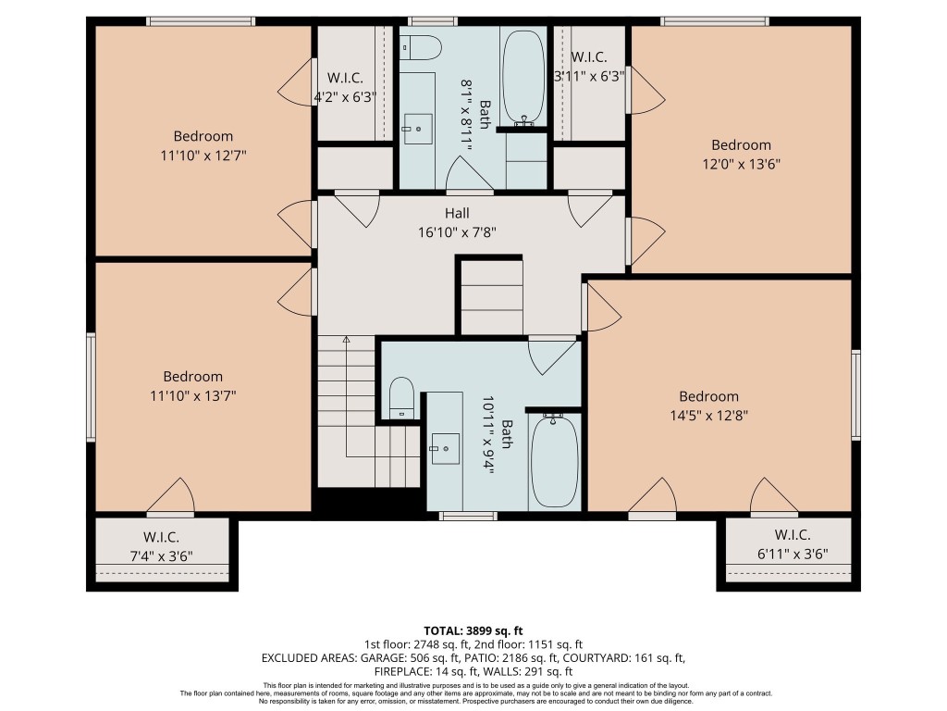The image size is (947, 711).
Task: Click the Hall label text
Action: click(x=458, y=213)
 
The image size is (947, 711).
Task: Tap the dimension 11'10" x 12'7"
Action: click(x=203, y=156)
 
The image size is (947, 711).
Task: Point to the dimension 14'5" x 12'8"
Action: click(x=708, y=416)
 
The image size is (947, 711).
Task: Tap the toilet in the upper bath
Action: click(x=422, y=46)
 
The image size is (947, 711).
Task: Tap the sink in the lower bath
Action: click(x=444, y=449)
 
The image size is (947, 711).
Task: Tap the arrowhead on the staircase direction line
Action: click(x=347, y=340)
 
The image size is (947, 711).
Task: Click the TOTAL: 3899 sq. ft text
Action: click(x=473, y=628)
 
